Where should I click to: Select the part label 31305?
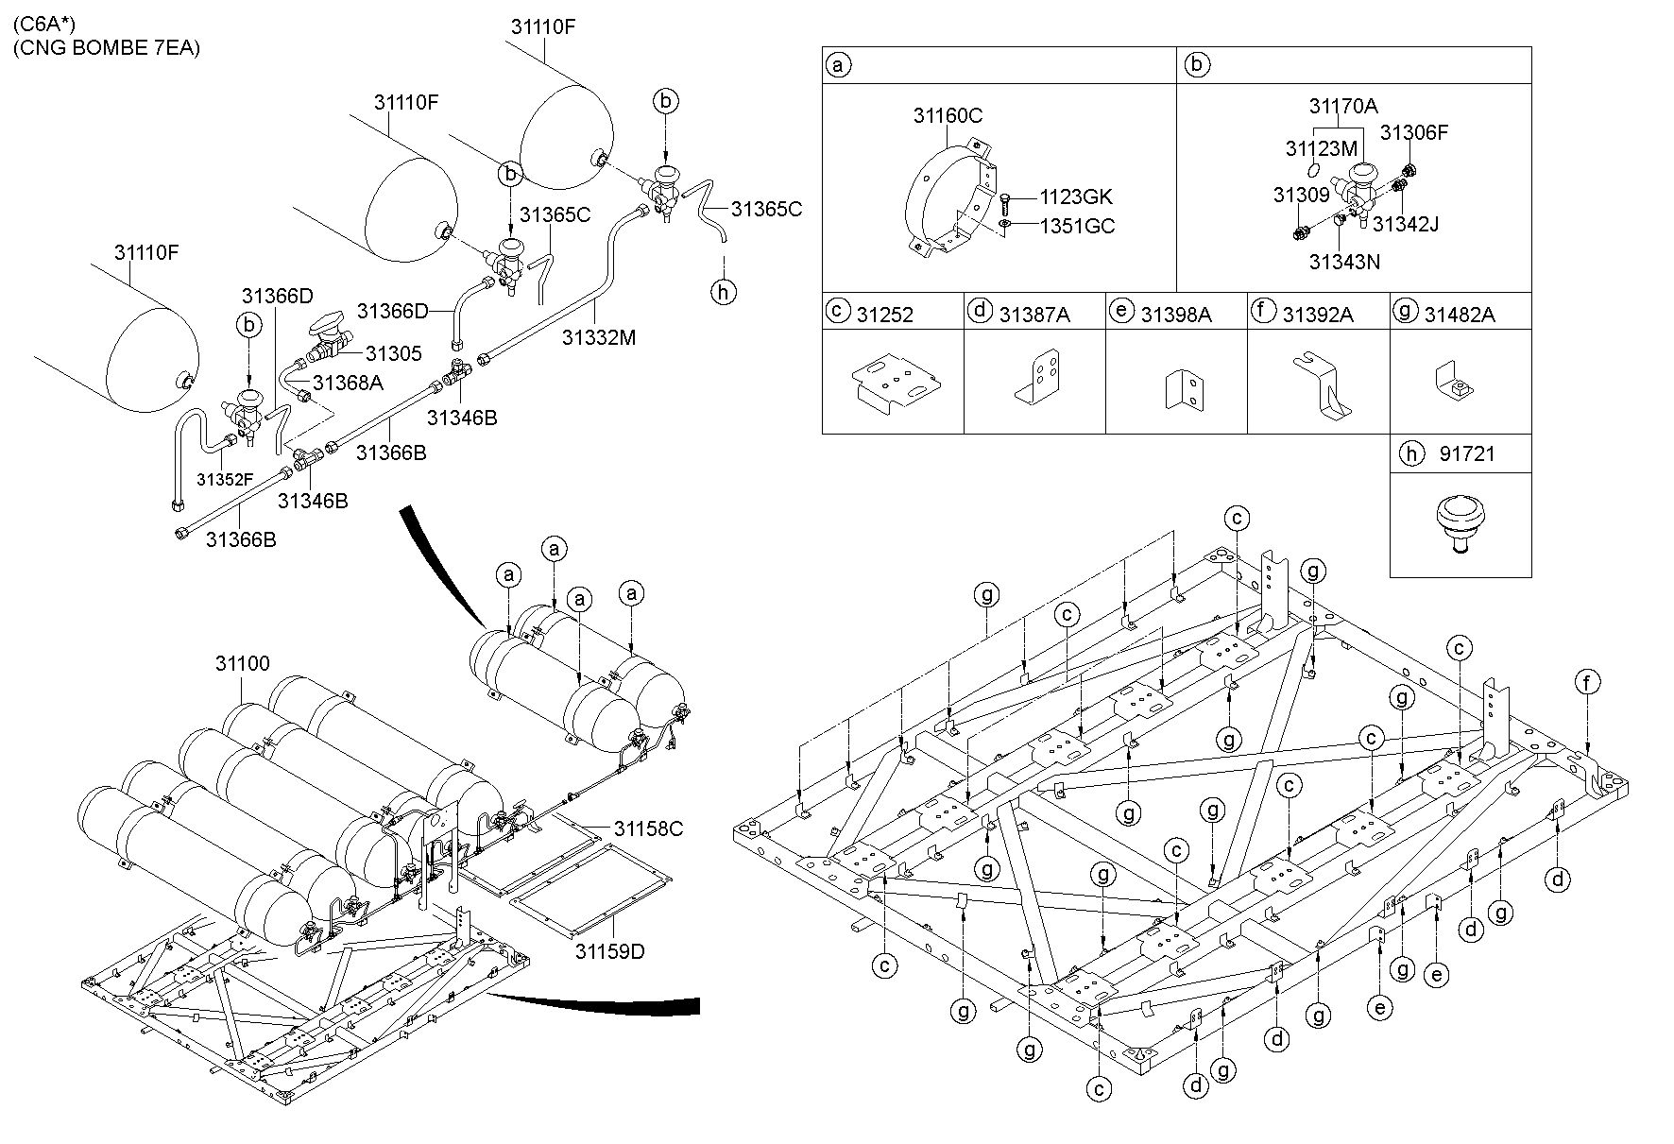tap(393, 353)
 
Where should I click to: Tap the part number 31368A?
tap(348, 383)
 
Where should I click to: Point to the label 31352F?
tap(225, 479)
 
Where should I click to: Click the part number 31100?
tap(243, 663)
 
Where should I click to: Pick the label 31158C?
tap(648, 828)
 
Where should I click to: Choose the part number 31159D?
tap(610, 950)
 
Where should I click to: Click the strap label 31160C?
tap(948, 115)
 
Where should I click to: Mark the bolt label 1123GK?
tap(1076, 197)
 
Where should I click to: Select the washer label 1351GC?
tap(1077, 227)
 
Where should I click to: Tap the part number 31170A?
tap(1342, 106)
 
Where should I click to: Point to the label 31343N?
tap(1344, 262)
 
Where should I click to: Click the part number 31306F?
tap(1413, 133)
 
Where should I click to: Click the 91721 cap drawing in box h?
tap(1460, 525)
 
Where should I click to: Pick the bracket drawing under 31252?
tap(894, 383)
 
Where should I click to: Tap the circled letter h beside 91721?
tap(1411, 454)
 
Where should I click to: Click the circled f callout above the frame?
tap(1588, 682)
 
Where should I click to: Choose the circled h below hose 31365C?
tap(724, 292)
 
